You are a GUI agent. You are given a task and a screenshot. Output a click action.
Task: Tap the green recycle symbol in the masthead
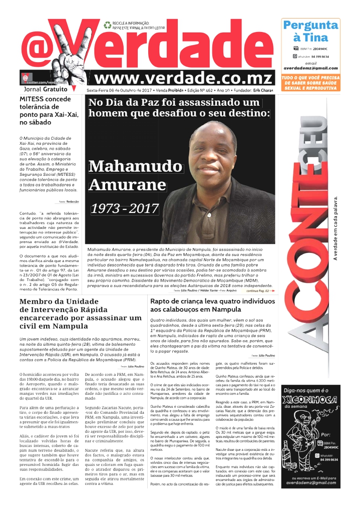[107, 25]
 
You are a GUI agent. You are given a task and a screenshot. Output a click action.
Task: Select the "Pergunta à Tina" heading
[310, 31]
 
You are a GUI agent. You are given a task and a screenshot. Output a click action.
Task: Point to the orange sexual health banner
[310, 83]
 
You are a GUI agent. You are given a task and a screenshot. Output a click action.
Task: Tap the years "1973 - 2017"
[125, 208]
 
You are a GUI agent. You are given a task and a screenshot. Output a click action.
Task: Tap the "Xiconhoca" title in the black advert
[310, 399]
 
